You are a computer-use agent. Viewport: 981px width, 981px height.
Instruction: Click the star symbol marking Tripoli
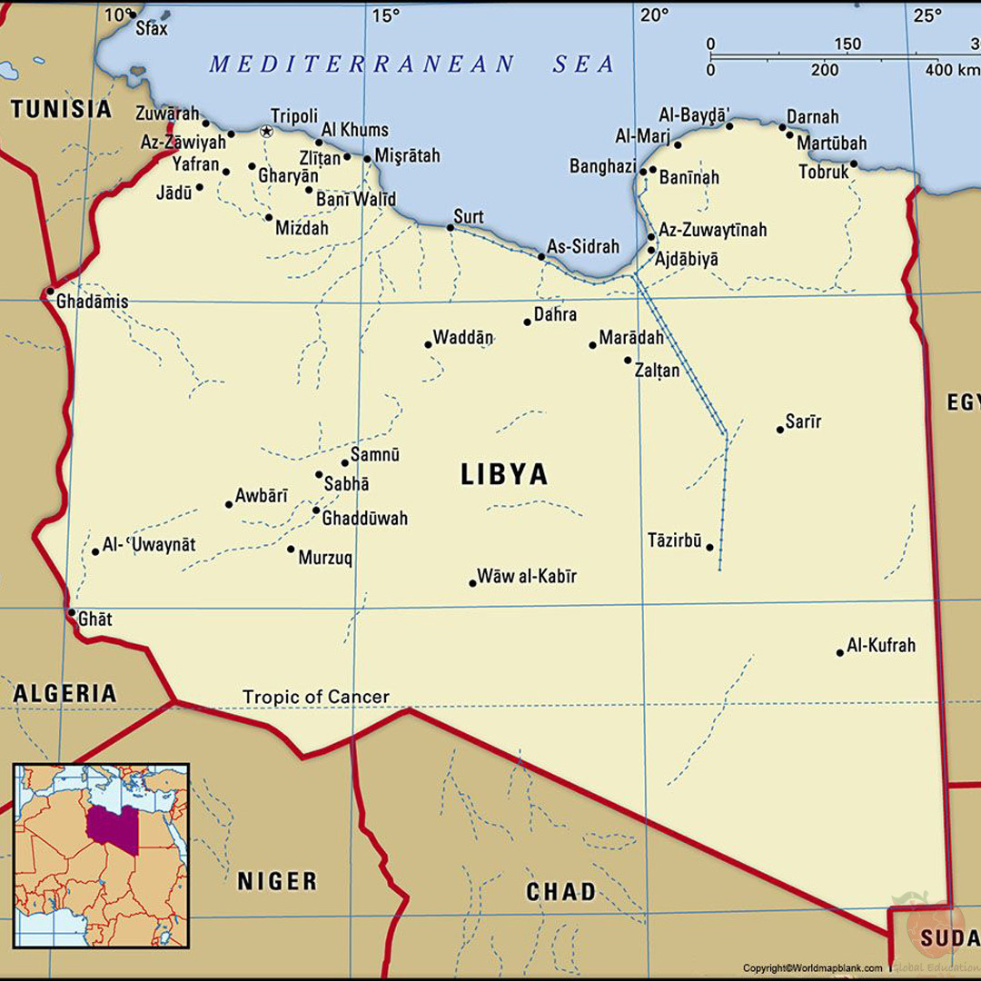click(x=266, y=132)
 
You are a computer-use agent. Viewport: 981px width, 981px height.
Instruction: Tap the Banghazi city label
click(x=602, y=166)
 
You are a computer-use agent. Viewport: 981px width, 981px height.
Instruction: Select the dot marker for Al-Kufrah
click(x=840, y=652)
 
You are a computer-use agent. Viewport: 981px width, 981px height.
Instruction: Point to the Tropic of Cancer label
click(x=315, y=697)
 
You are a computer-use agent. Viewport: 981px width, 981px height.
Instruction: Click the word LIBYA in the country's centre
click(x=504, y=474)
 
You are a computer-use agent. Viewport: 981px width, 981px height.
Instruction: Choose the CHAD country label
click(x=560, y=892)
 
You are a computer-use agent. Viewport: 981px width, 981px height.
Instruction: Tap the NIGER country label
click(x=277, y=880)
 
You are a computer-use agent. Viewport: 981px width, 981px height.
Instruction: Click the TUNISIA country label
click(x=61, y=110)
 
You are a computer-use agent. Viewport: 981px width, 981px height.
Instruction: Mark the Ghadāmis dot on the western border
click(x=49, y=292)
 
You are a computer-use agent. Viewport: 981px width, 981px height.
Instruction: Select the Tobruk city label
click(x=823, y=172)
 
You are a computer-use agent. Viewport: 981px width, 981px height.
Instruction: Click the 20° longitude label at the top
click(x=654, y=15)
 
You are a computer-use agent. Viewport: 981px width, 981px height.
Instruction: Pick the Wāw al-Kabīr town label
click(x=527, y=576)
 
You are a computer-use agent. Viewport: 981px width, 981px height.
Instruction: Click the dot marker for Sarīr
click(x=779, y=429)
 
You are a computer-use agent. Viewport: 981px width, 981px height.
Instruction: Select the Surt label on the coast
click(x=469, y=216)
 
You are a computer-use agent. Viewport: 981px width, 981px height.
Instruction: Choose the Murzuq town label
click(x=325, y=558)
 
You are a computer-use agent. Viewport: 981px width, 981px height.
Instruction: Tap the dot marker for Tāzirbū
click(x=709, y=547)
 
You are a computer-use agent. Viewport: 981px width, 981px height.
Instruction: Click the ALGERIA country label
click(x=64, y=694)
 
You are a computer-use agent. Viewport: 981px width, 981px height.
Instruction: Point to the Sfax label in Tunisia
click(x=152, y=28)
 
